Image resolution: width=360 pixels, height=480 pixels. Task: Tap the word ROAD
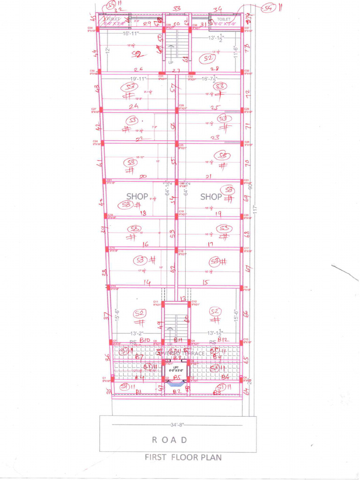click(170, 440)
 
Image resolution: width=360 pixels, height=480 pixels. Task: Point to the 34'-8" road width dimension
click(178, 425)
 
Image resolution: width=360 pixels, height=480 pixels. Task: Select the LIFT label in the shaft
click(176, 367)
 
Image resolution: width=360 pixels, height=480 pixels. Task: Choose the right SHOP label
click(211, 197)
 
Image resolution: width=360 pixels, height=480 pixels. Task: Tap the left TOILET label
click(113, 19)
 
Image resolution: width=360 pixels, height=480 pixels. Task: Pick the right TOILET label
click(224, 19)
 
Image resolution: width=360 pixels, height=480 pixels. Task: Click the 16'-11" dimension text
click(133, 34)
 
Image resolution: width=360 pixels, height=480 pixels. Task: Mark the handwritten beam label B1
click(139, 391)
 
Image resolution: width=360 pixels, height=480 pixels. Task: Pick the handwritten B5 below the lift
click(176, 377)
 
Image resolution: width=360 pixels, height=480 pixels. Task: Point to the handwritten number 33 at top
click(177, 8)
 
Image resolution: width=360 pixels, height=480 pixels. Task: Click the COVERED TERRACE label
click(183, 353)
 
